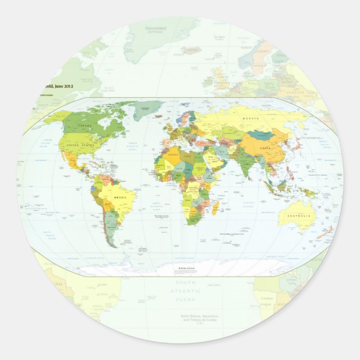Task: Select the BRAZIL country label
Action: (121, 197)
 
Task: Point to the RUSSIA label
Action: (250, 119)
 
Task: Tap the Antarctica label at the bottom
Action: (187, 269)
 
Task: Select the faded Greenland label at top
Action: (157, 28)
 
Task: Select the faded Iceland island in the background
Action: (191, 50)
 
